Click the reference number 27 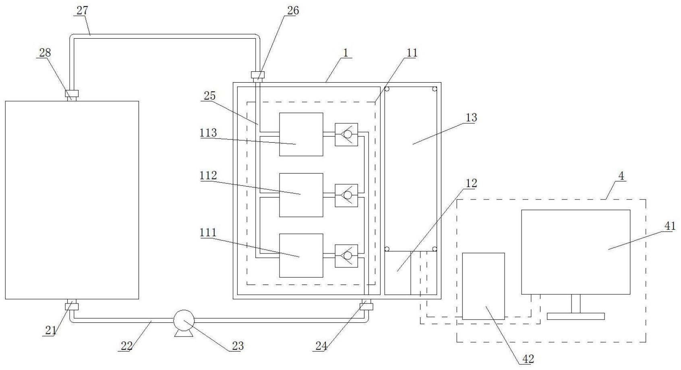pyautogui.click(x=82, y=10)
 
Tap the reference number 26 pyautogui.click(x=293, y=10)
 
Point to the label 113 pyautogui.click(x=208, y=133)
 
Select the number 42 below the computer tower pyautogui.click(x=528, y=359)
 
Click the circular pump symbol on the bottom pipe pyautogui.click(x=184, y=320)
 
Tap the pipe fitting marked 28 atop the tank pyautogui.click(x=72, y=94)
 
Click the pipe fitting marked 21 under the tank pyautogui.click(x=72, y=306)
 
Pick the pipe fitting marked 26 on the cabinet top pyautogui.click(x=258, y=75)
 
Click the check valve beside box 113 pyautogui.click(x=347, y=135)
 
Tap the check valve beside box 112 pyautogui.click(x=347, y=195)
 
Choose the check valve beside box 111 pyautogui.click(x=347, y=256)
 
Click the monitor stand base pyautogui.click(x=575, y=316)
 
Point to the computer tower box pyautogui.click(x=483, y=286)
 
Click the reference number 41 pyautogui.click(x=670, y=226)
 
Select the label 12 pyautogui.click(x=471, y=183)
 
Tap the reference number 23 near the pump pyautogui.click(x=238, y=346)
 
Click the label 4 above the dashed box pyautogui.click(x=621, y=176)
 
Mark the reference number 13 pyautogui.click(x=471, y=117)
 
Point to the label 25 pyautogui.click(x=209, y=96)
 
